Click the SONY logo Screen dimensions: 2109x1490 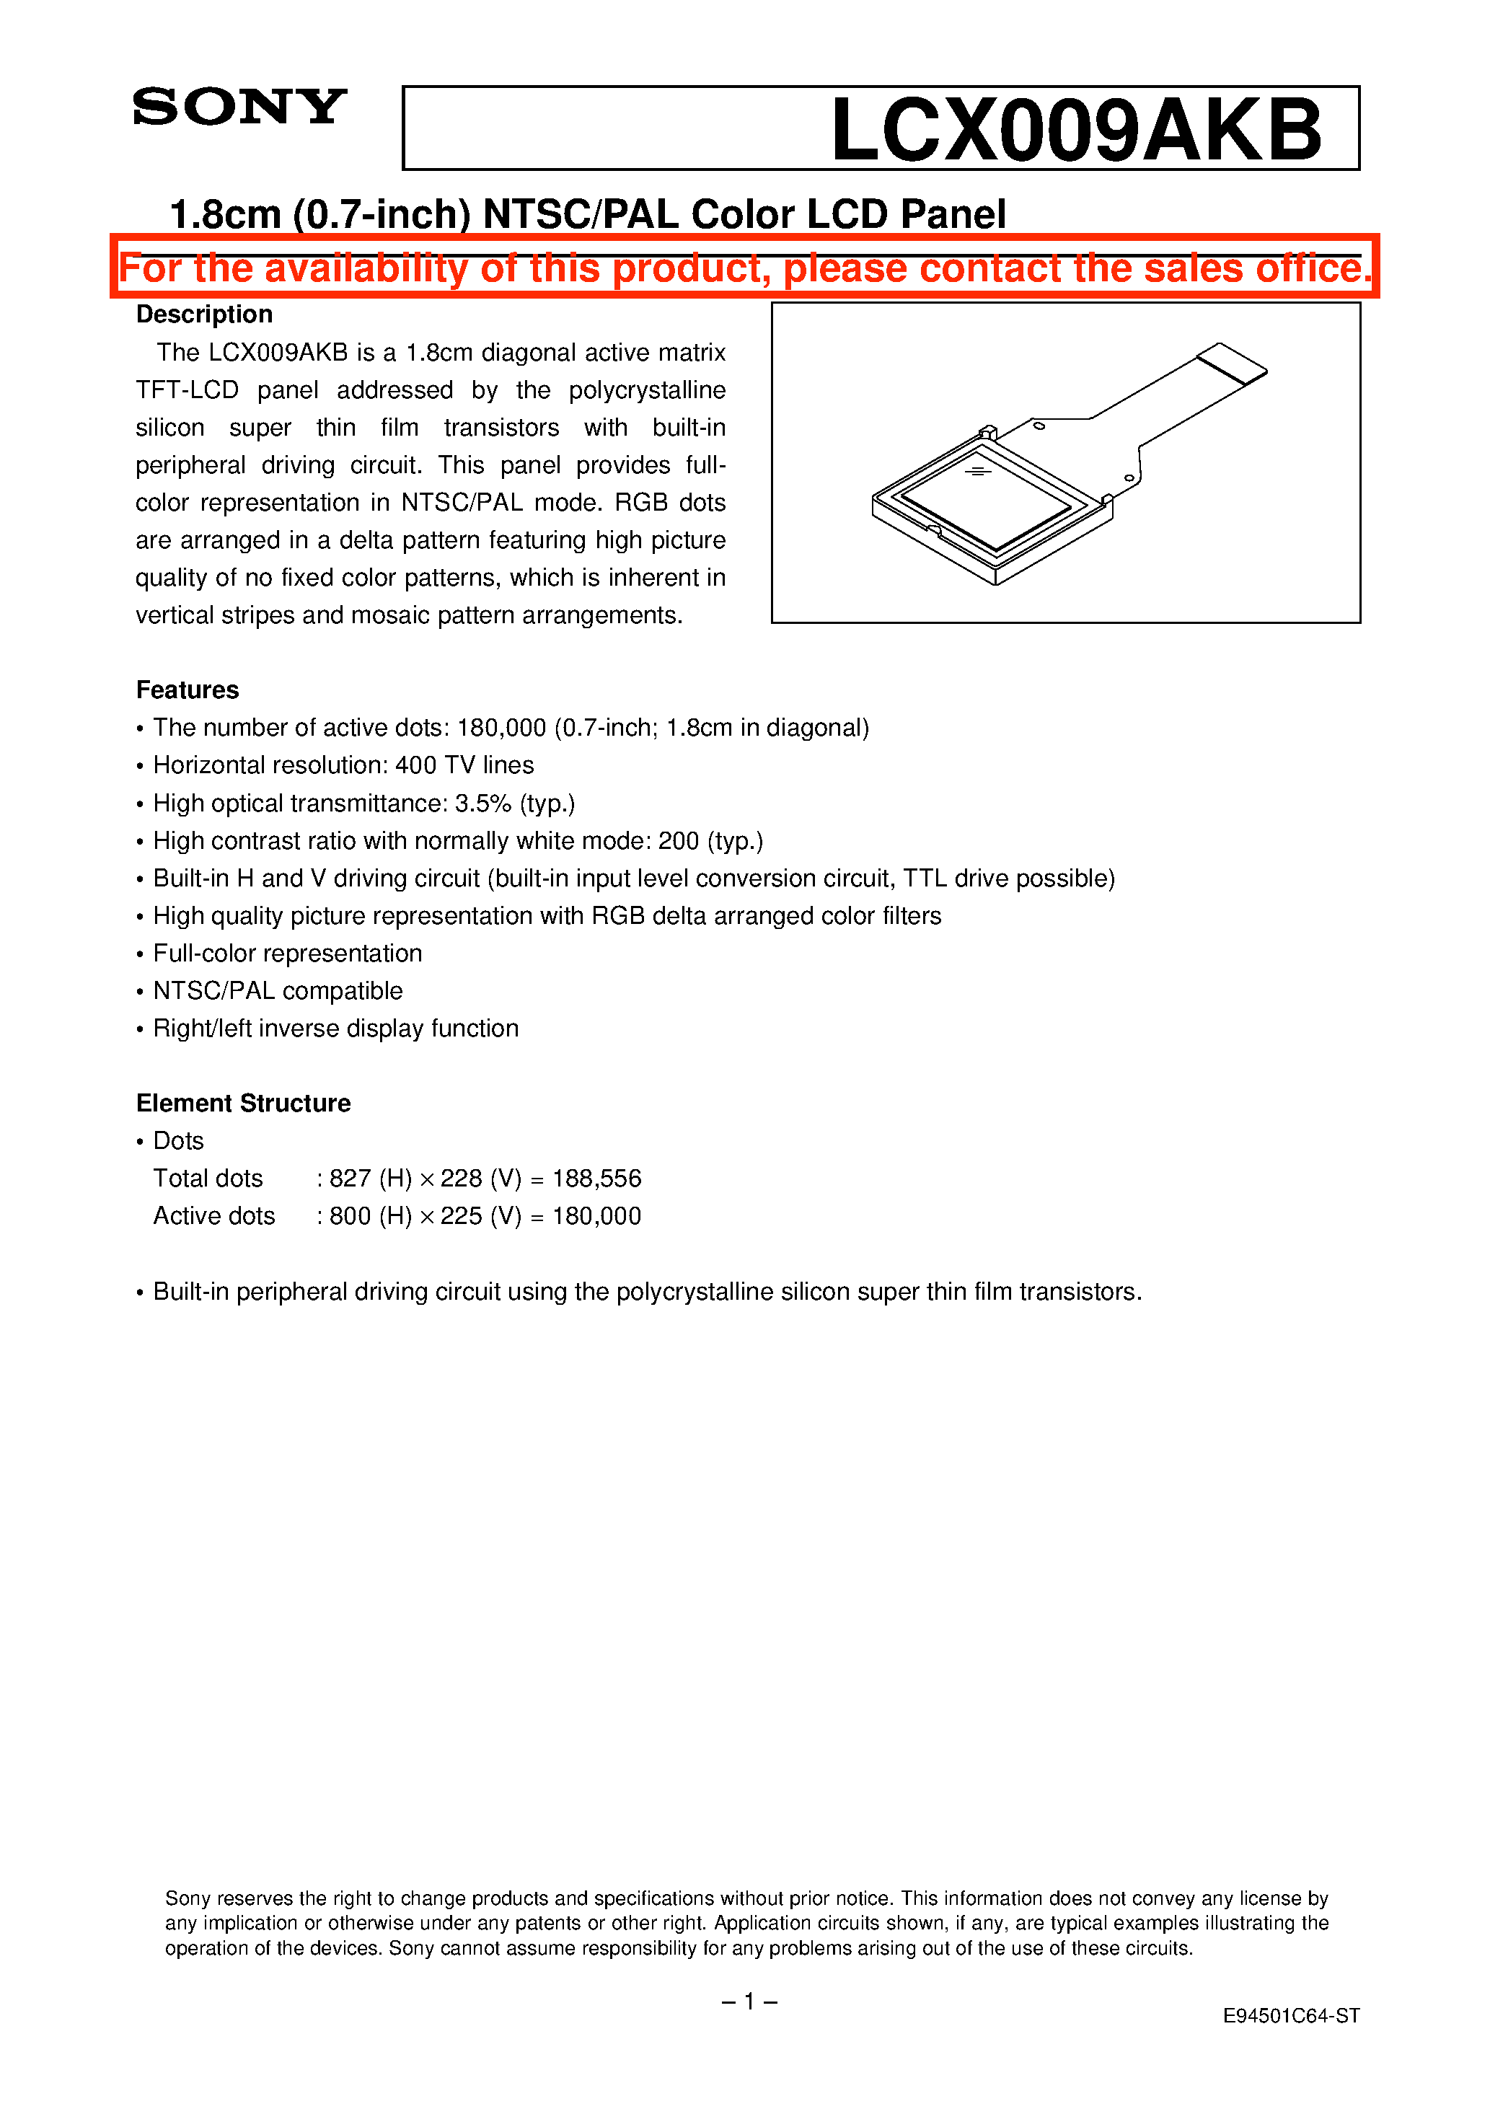pyautogui.click(x=239, y=107)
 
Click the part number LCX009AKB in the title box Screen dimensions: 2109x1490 pyautogui.click(x=1075, y=130)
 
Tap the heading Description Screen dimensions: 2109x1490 pyautogui.click(x=204, y=314)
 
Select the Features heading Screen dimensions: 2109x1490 pyautogui.click(x=188, y=690)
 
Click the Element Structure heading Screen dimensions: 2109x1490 pyautogui.click(x=244, y=1103)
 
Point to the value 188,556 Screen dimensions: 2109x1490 pyautogui.click(x=596, y=1179)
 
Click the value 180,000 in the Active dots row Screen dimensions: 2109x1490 pyautogui.click(x=596, y=1216)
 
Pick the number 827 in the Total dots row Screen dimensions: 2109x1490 pyautogui.click(x=349, y=1179)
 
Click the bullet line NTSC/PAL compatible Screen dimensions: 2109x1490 pyautogui.click(x=278, y=991)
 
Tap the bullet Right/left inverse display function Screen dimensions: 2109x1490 pyautogui.click(x=335, y=1029)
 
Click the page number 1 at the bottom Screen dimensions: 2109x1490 pyautogui.click(x=749, y=2002)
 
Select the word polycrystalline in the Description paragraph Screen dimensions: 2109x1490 pyautogui.click(x=647, y=390)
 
